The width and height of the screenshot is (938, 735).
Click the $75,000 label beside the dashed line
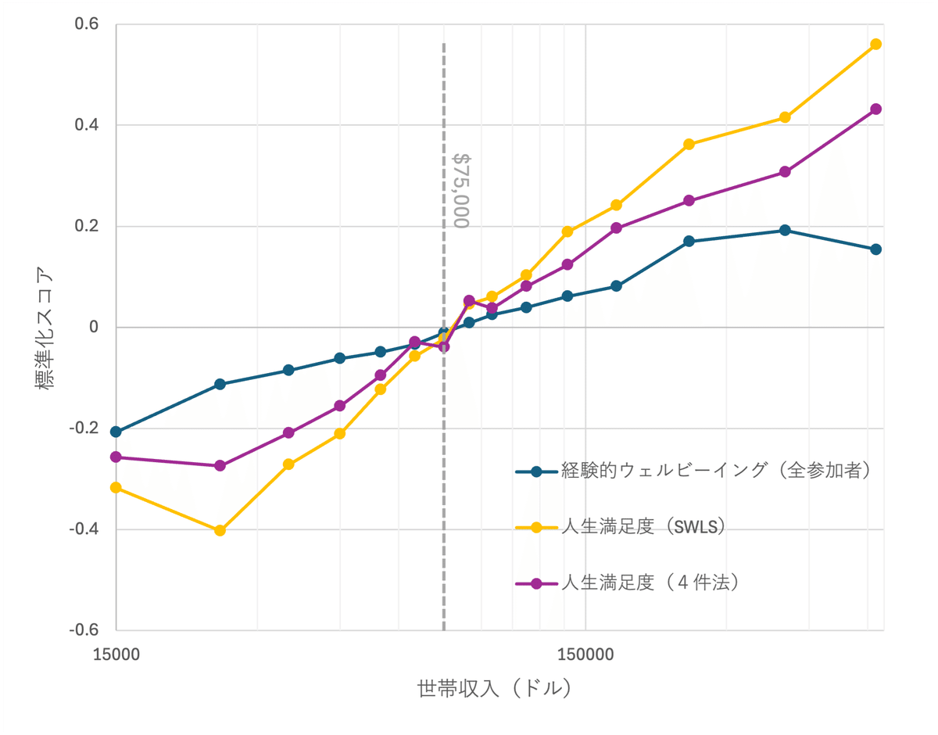pyautogui.click(x=461, y=190)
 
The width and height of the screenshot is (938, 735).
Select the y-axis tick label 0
pyautogui.click(x=93, y=328)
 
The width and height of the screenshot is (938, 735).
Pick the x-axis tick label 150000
pyautogui.click(x=585, y=654)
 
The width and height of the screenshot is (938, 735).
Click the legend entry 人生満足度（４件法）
pyautogui.click(x=650, y=583)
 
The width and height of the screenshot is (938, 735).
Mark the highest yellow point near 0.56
pyautogui.click(x=875, y=44)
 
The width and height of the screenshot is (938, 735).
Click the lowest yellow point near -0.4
pyautogui.click(x=220, y=530)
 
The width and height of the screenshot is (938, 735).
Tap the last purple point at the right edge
pyautogui.click(x=875, y=109)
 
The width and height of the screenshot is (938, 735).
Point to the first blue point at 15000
pyautogui.click(x=116, y=432)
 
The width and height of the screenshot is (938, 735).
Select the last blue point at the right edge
pyautogui.click(x=875, y=249)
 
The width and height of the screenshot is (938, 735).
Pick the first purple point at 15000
pyautogui.click(x=116, y=457)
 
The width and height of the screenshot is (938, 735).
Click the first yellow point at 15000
pyautogui.click(x=116, y=487)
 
